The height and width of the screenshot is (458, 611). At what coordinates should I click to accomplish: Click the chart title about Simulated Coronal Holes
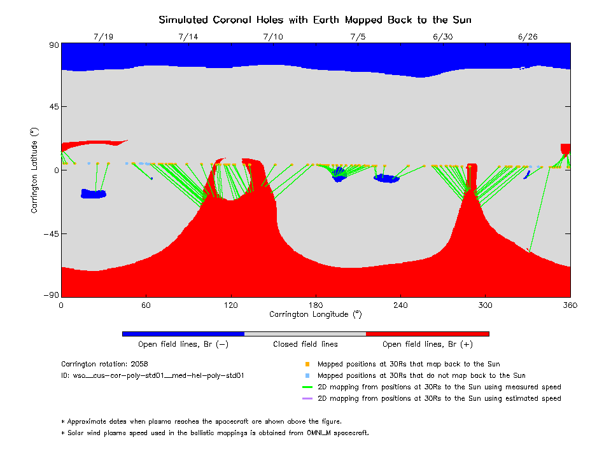click(315, 20)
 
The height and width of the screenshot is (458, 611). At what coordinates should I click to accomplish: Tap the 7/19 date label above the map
click(103, 37)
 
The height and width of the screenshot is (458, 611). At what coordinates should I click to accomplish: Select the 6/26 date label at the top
click(528, 37)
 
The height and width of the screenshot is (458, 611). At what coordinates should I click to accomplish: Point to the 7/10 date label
click(273, 37)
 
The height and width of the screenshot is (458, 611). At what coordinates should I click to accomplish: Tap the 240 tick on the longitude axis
click(400, 305)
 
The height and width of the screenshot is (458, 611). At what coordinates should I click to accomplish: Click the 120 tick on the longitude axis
click(230, 305)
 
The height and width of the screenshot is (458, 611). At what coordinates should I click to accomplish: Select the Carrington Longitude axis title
click(315, 314)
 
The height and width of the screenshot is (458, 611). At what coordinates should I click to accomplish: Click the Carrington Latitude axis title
click(34, 170)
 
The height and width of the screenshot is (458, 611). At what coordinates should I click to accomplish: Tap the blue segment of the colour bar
click(183, 333)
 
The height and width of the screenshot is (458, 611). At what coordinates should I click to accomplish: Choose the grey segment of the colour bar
click(305, 333)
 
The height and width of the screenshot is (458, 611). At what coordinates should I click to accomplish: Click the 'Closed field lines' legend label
click(305, 344)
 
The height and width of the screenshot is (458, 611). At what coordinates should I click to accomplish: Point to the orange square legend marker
click(307, 364)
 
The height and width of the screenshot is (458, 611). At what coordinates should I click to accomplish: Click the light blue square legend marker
click(307, 376)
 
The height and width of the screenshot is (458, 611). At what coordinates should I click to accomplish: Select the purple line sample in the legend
click(307, 399)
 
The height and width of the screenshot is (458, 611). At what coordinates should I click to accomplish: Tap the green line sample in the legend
click(307, 387)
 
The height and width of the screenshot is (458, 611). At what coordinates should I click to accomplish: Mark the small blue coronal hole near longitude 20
click(94, 194)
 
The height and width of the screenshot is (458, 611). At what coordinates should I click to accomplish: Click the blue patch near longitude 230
click(386, 178)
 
